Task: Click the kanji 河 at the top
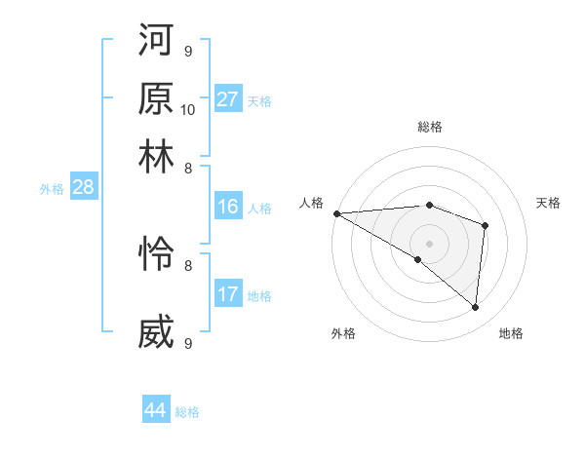[157, 44]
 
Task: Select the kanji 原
[157, 99]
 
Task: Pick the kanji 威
[157, 332]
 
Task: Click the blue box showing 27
[228, 99]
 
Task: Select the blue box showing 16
[228, 207]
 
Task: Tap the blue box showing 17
[228, 294]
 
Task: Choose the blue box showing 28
[83, 188]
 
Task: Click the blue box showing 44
[156, 410]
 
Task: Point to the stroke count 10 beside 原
[188, 109]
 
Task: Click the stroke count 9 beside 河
[187, 51]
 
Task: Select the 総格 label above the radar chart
[429, 127]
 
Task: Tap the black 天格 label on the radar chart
[548, 203]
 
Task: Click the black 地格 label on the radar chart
[511, 333]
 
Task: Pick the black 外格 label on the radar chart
[343, 333]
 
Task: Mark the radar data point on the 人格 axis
[336, 212]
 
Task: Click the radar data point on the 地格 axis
[475, 307]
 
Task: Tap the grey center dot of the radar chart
[429, 243]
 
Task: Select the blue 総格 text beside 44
[187, 412]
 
